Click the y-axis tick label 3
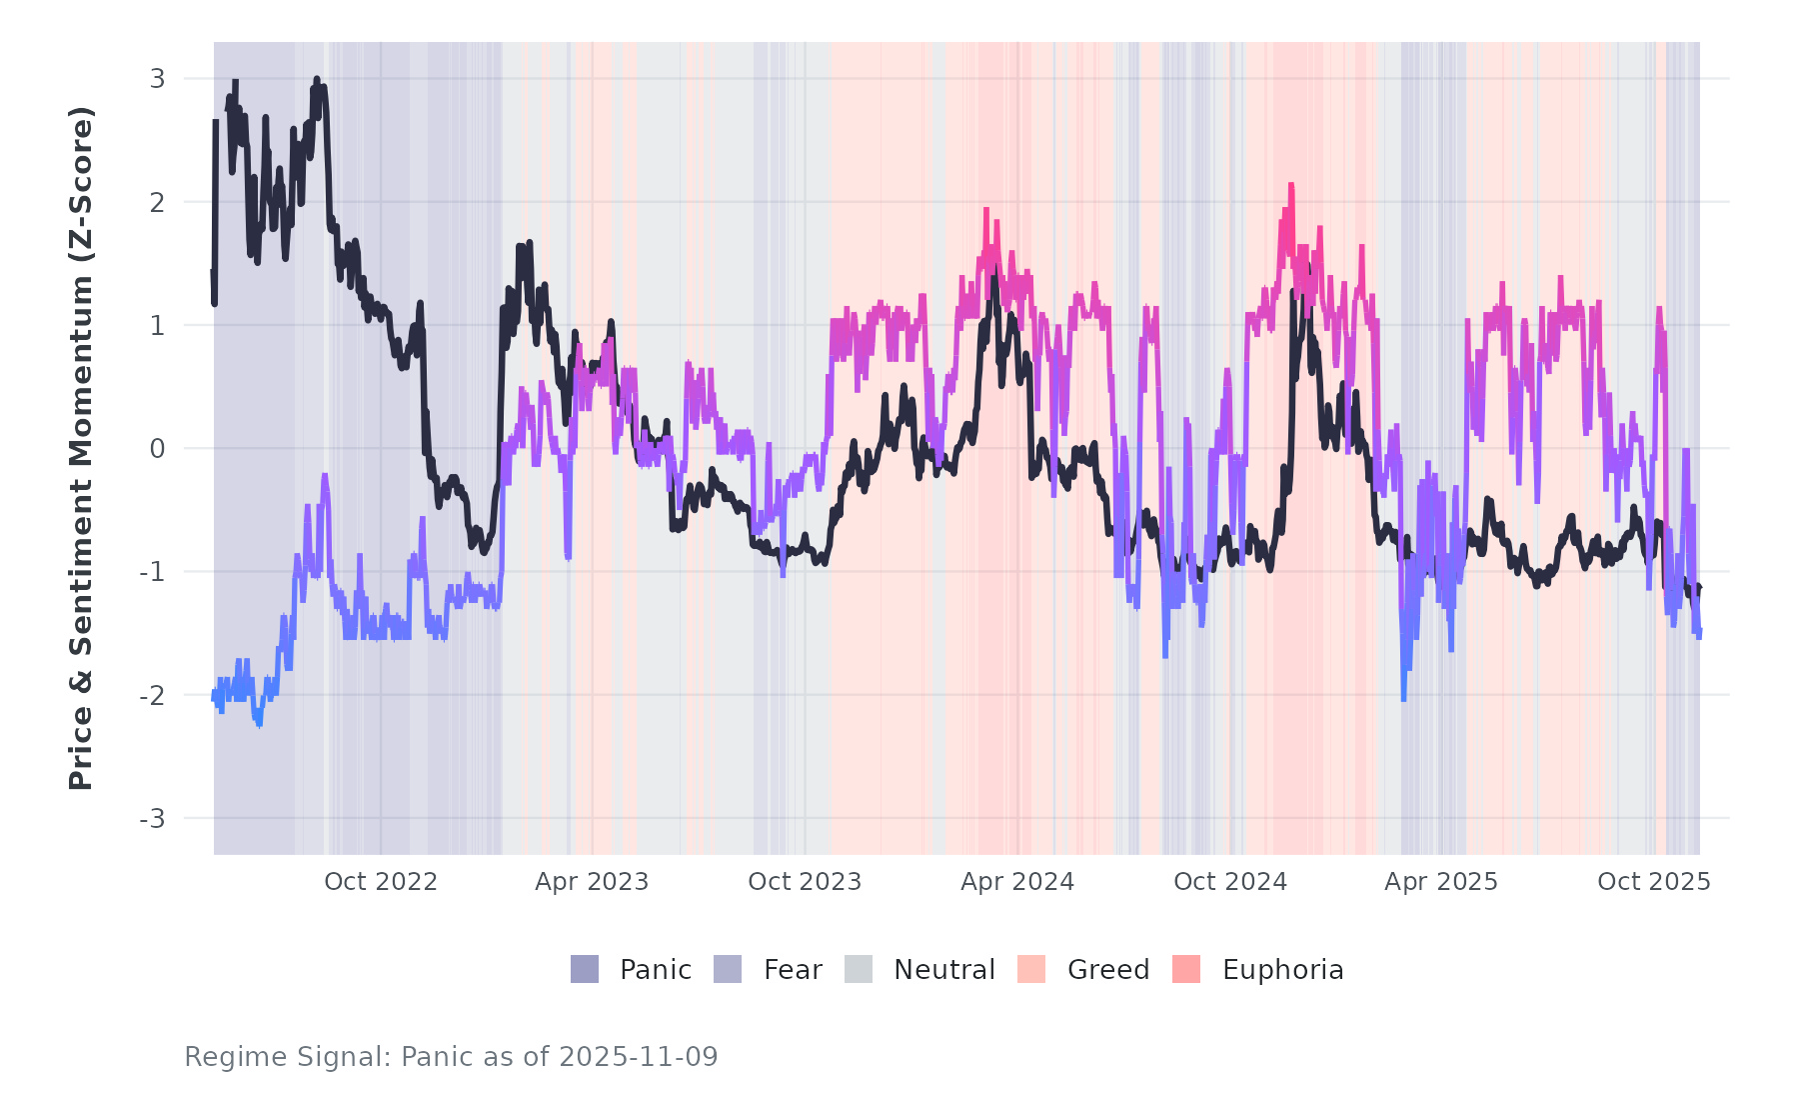coord(157,78)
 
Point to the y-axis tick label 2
coord(157,202)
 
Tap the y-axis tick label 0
coord(157,449)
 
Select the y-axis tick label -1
coord(152,572)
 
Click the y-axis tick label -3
coord(152,819)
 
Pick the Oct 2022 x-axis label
coord(381,882)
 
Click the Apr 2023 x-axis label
coord(592,882)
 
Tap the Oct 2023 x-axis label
coord(805,882)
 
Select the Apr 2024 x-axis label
coord(1017,882)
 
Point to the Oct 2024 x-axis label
coord(1230,882)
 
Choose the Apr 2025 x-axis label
coord(1441,882)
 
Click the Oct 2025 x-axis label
coord(1654,882)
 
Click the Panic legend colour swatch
coord(585,969)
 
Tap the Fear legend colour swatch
coord(728,969)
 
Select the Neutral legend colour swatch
coord(859,969)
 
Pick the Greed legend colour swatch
coord(1031,969)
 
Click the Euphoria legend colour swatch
coord(1186,969)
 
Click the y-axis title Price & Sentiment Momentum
coord(81,448)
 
